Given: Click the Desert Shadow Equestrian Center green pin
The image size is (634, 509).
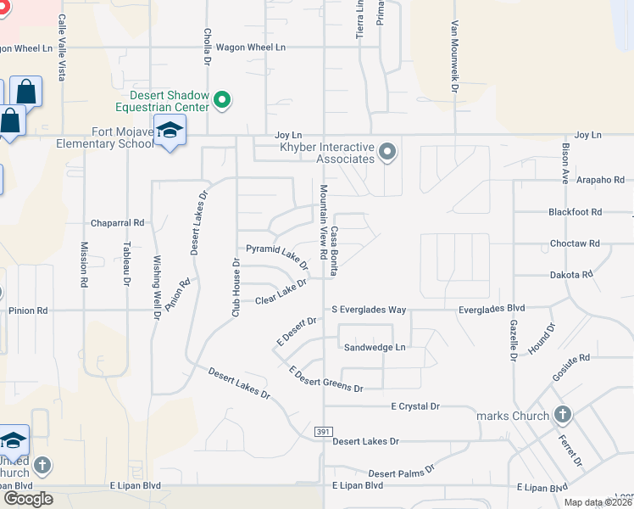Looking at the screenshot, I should click(x=223, y=101).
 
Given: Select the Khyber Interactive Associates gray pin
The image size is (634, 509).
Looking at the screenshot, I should click(x=388, y=153).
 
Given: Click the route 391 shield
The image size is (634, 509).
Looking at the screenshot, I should click(x=322, y=432).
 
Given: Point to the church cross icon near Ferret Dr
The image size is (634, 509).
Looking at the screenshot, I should click(x=561, y=415).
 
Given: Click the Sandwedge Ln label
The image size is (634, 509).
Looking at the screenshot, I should click(x=375, y=348).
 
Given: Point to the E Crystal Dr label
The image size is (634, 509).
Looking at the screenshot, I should click(x=415, y=406).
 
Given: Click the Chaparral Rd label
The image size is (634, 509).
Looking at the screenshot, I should click(x=118, y=222).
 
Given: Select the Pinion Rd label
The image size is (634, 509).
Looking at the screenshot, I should click(x=28, y=310).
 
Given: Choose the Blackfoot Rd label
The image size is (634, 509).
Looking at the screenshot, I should click(x=575, y=212).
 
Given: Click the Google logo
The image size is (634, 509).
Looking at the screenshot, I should click(x=27, y=499).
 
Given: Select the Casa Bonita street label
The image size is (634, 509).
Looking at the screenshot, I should click(x=335, y=250).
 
